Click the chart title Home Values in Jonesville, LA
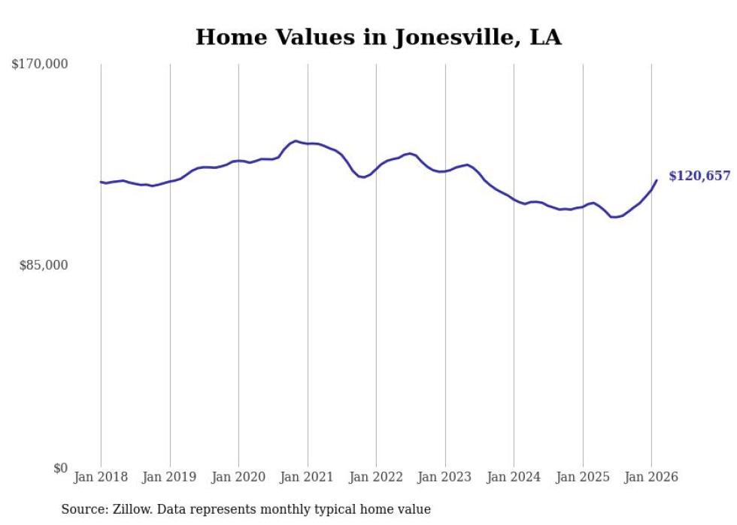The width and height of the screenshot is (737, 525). tap(378, 38)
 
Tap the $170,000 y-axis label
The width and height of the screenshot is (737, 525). tap(40, 65)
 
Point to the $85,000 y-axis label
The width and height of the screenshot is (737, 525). tap(43, 265)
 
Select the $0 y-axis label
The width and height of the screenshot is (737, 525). tap(60, 468)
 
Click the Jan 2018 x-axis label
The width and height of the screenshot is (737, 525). tap(101, 477)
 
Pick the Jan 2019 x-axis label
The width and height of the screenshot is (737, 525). tap(170, 477)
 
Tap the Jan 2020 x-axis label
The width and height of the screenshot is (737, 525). tap(238, 477)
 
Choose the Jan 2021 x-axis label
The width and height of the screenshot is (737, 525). tap(308, 477)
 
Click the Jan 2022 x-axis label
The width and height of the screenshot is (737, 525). tap(376, 477)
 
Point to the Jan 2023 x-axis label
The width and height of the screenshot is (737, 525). tap(445, 477)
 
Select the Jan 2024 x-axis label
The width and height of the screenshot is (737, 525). tap(514, 477)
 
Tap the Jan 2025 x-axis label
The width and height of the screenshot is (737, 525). tap(583, 477)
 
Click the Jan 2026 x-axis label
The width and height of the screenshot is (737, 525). tap(651, 477)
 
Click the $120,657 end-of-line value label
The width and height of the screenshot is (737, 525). tap(699, 176)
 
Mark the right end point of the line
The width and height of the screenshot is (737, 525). tap(657, 180)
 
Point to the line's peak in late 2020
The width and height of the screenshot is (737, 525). tap(296, 140)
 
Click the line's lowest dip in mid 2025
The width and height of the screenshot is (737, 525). tap(614, 217)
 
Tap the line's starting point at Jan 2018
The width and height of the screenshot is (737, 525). tap(101, 182)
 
